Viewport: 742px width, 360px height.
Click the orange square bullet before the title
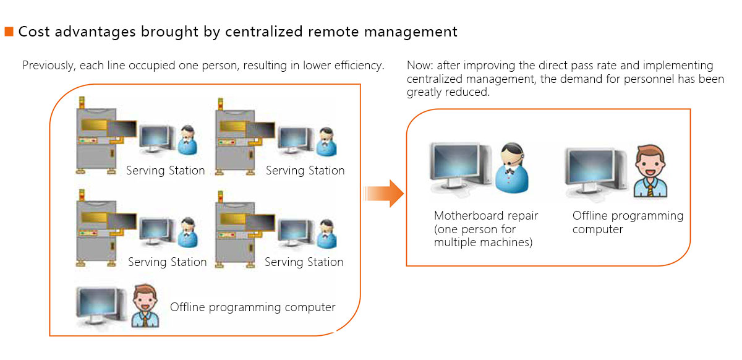coord(9,32)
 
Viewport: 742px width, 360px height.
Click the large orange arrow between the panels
coord(384,194)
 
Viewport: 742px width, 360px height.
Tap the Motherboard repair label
coord(486,216)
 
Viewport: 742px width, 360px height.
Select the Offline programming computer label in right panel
coord(628,222)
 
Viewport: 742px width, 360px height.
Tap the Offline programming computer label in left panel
coord(253,307)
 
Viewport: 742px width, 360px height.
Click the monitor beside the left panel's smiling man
coord(100,305)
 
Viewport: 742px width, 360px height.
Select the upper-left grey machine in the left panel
coord(98,135)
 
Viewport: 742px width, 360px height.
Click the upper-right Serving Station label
coord(305,170)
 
